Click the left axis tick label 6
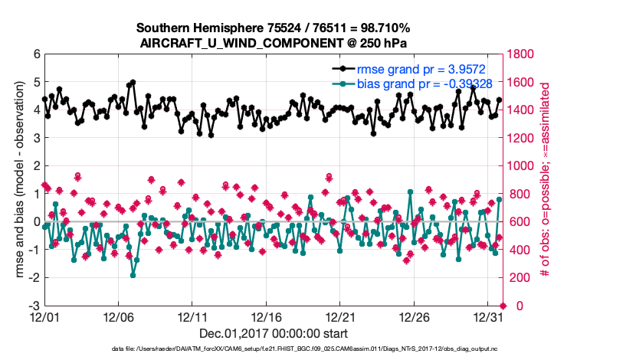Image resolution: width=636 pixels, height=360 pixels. [35, 55]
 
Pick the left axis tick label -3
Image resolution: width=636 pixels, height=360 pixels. [33, 306]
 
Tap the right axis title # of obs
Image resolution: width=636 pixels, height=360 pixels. [546, 180]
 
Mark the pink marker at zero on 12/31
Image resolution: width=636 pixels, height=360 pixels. [503, 306]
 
